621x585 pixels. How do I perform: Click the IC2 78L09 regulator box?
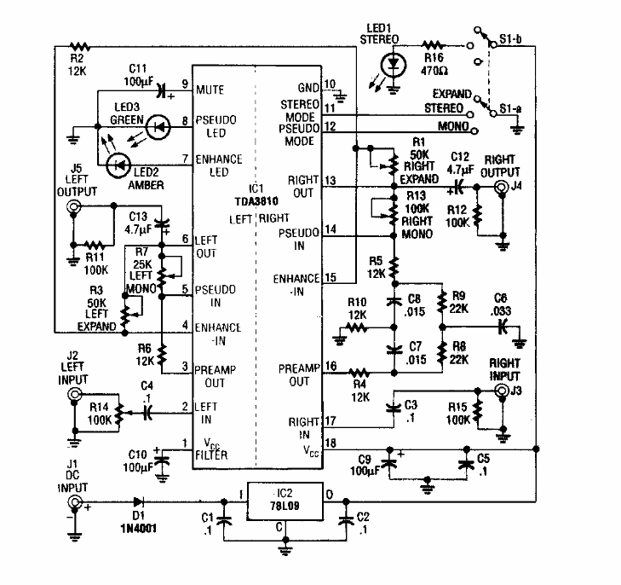pos(282,504)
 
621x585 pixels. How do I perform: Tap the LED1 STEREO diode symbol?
pos(392,64)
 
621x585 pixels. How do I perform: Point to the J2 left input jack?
pos(75,395)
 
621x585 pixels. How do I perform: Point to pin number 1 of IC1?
pos(185,442)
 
